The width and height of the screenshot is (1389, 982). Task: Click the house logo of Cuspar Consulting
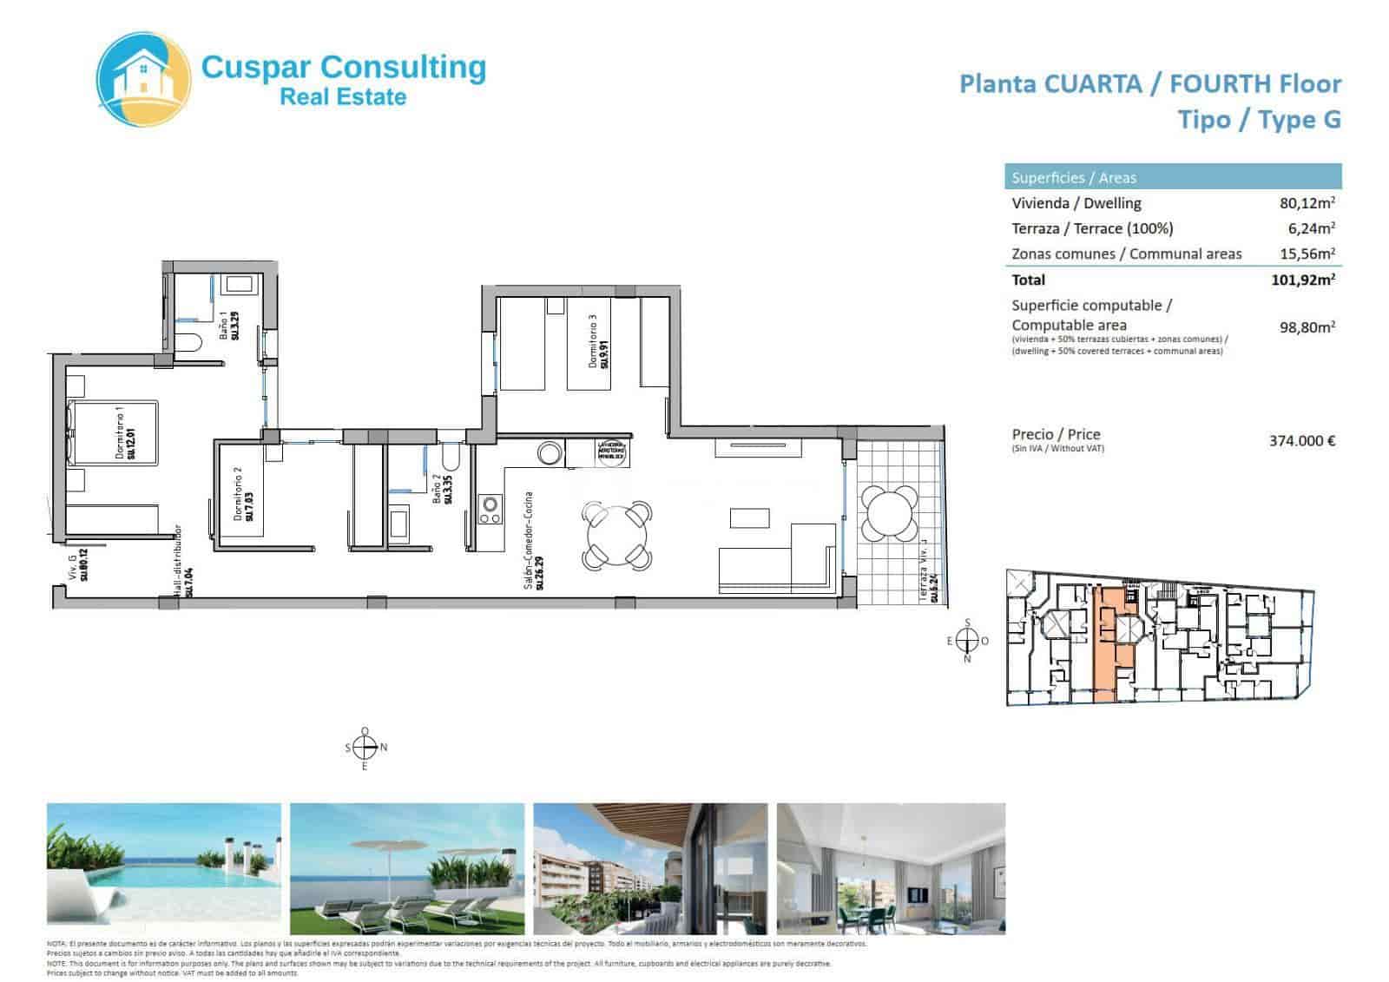coord(143,72)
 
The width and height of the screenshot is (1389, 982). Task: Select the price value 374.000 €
coord(1301,440)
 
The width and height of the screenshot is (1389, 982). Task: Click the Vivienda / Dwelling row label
coord(1076,203)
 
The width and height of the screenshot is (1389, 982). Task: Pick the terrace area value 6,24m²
coord(1310,228)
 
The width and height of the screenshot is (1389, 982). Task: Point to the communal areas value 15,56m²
coord(1307,254)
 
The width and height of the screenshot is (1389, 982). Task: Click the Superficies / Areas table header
coord(1073,178)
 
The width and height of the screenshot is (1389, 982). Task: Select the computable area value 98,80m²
coord(1307,327)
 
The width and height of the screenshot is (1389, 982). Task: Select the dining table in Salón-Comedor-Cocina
coord(616,533)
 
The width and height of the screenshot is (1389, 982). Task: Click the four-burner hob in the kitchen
coord(490,510)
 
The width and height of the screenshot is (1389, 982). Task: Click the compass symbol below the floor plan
coord(365,747)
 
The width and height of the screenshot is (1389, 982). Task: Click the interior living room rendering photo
coord(890,867)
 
